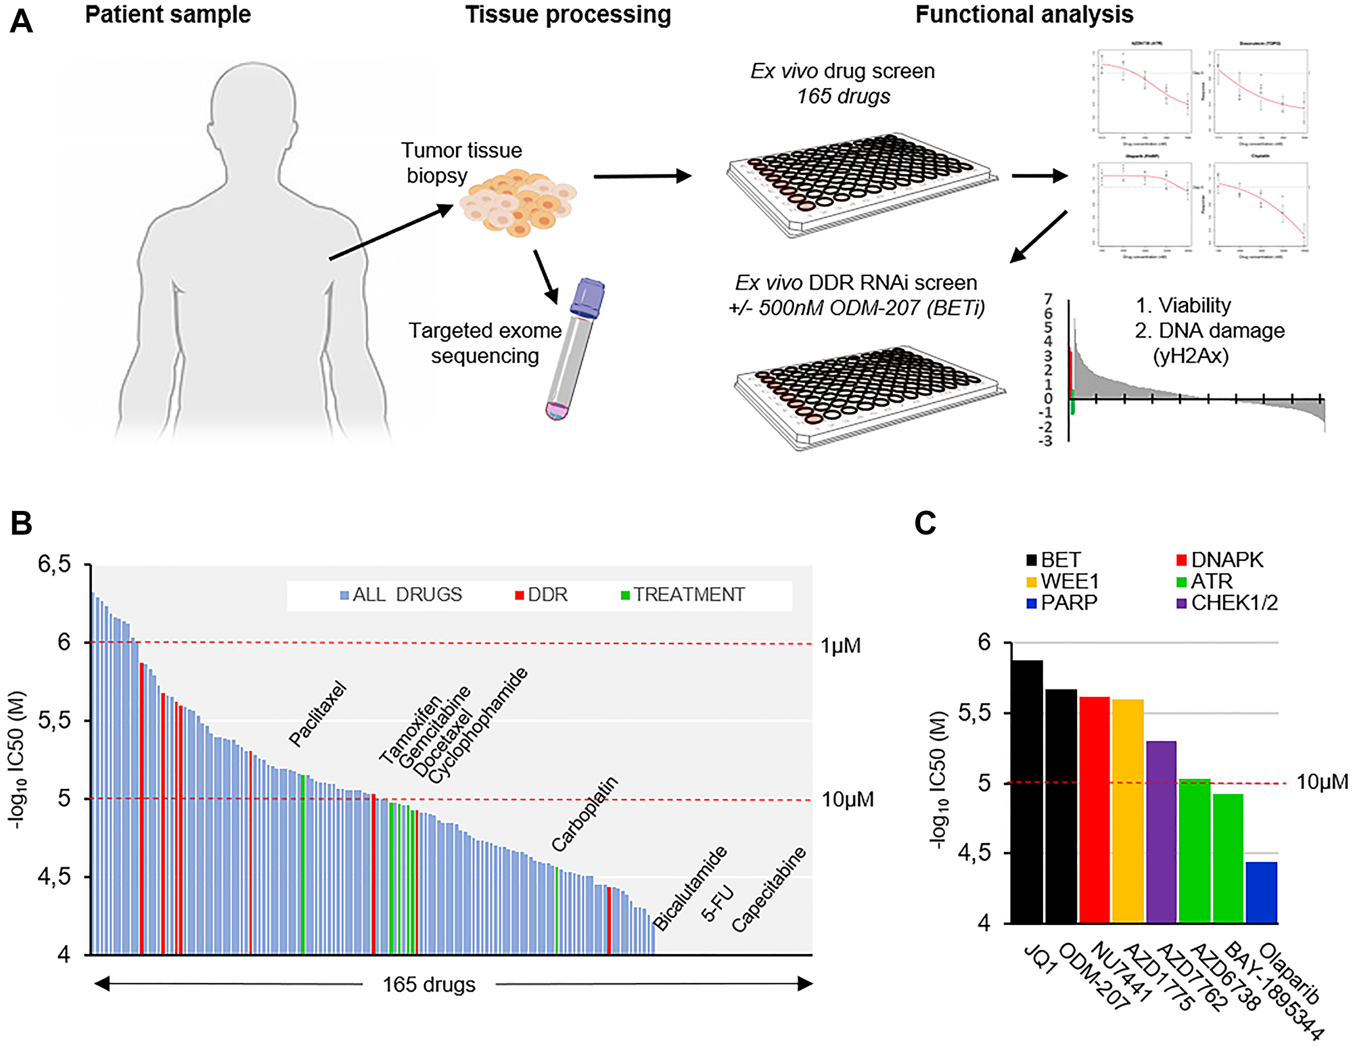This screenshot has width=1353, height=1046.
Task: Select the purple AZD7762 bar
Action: tap(1161, 832)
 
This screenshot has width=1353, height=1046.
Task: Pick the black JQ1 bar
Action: tap(1027, 792)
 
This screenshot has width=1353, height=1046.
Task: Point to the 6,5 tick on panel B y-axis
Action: tap(54, 564)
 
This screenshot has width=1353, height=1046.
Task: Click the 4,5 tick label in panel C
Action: tap(974, 853)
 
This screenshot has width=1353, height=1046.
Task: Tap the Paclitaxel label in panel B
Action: tap(317, 714)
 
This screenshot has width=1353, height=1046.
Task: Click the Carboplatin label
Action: tap(584, 814)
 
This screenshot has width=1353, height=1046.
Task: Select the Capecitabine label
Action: tap(769, 889)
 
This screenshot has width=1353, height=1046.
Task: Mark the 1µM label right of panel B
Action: tap(840, 645)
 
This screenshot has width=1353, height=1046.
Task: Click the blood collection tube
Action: tap(574, 348)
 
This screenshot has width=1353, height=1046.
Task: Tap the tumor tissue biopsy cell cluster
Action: tap(518, 203)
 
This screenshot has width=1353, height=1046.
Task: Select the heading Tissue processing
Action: tap(568, 15)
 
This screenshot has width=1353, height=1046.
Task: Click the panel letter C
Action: tap(925, 523)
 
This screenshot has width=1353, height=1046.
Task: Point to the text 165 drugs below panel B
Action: tap(429, 984)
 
